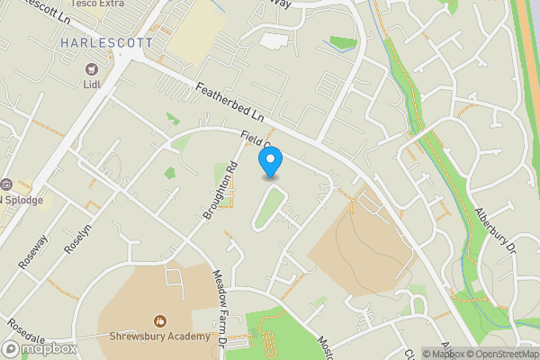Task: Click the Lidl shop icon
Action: (x=91, y=68)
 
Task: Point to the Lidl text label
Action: (x=91, y=84)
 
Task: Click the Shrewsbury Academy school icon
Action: (x=159, y=320)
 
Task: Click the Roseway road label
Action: (x=31, y=251)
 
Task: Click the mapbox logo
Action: (x=40, y=348)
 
